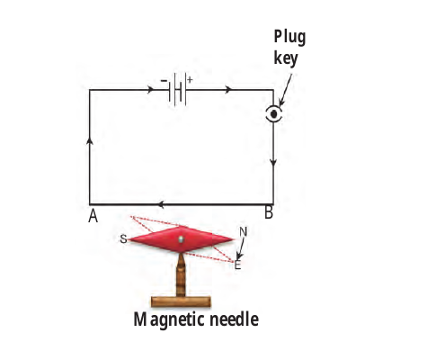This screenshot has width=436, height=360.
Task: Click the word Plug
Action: [x=289, y=38]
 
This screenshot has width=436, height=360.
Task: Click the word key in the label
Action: [x=286, y=58]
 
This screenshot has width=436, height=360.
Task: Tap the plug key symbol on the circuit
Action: [x=273, y=114]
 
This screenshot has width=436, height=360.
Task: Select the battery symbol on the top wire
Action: [x=177, y=89]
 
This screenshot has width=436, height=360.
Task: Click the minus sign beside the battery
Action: [x=164, y=81]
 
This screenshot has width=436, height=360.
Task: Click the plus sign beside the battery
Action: [x=190, y=80]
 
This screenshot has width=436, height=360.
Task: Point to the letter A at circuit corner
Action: [x=93, y=216]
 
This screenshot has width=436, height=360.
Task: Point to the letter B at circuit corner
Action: [x=269, y=212]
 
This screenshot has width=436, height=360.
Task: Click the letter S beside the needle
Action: [x=123, y=239]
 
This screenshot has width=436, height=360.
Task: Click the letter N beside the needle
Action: [x=243, y=232]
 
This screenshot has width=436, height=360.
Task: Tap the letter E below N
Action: [x=237, y=265]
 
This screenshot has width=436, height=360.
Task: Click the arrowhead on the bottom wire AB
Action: [x=160, y=204]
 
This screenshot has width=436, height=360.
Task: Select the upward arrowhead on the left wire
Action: [x=90, y=140]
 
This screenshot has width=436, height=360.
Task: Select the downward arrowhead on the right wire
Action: [x=273, y=162]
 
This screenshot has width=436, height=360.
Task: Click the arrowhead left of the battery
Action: [x=151, y=89]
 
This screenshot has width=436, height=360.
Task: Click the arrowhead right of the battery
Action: [x=228, y=89]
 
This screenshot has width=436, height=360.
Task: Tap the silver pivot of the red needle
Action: [x=181, y=239]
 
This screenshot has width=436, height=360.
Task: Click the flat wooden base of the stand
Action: [x=181, y=301]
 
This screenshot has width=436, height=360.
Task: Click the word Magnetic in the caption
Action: [x=170, y=319]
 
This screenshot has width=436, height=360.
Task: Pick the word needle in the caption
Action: [x=234, y=319]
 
